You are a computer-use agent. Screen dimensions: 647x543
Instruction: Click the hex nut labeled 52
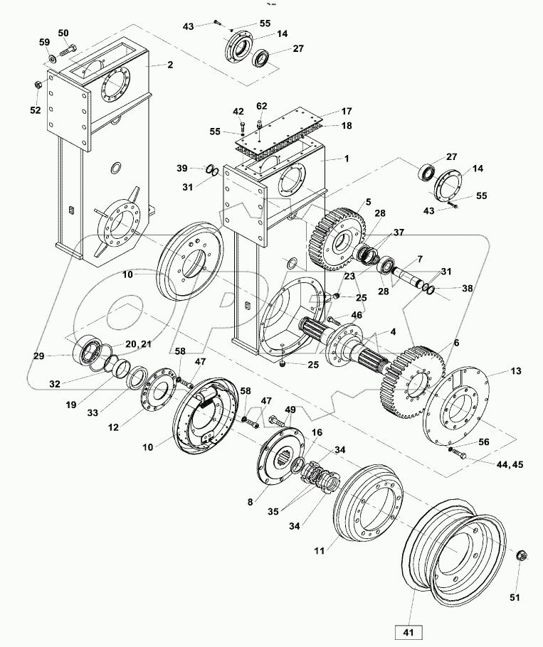coord(38,85)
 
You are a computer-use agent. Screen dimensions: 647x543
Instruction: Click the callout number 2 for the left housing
coord(169,65)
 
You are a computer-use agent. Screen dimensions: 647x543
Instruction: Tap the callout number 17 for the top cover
coord(346,112)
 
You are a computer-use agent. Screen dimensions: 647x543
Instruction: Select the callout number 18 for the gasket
coord(346,125)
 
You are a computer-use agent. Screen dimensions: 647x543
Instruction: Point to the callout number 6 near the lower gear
coord(456,343)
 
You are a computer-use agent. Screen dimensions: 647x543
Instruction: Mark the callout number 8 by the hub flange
coord(250,501)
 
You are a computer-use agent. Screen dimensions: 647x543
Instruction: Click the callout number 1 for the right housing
coord(346,160)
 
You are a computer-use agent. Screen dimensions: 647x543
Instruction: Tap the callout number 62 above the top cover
coord(261,106)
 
